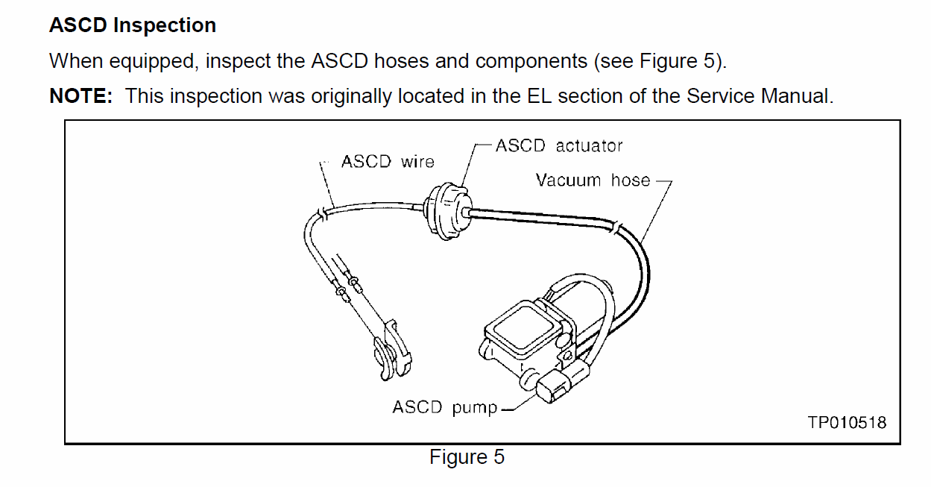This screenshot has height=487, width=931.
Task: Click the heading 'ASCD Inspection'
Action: click(x=133, y=25)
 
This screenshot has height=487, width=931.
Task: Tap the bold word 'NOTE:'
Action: click(x=81, y=96)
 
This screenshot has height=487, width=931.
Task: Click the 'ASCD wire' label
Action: click(x=387, y=162)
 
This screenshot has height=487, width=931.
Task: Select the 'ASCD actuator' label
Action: click(x=558, y=145)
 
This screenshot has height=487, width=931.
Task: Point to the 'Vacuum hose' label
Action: click(x=593, y=180)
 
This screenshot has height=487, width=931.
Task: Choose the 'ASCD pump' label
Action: click(x=444, y=408)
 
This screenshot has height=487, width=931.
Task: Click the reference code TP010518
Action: click(x=847, y=423)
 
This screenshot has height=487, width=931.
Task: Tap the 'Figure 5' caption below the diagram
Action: click(x=467, y=457)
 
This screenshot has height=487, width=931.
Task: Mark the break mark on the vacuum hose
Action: click(x=615, y=224)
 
